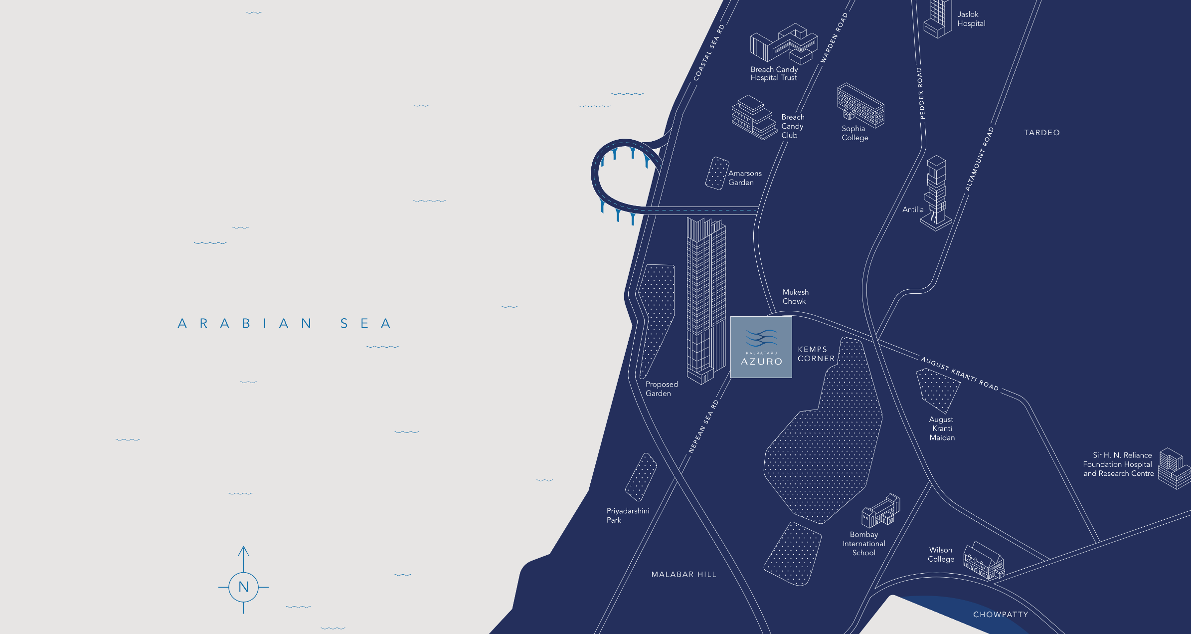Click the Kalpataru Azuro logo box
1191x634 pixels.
point(761,347)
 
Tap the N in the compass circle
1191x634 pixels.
point(243,587)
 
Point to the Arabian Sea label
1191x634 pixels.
point(284,324)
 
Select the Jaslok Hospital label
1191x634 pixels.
point(971,19)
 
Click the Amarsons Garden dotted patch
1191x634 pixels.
point(717,173)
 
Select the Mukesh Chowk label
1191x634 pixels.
point(795,297)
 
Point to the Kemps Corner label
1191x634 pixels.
point(816,354)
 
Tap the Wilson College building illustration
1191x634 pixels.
point(983,562)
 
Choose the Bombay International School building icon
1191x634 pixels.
point(881,511)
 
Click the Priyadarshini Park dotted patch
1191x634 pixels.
point(641,477)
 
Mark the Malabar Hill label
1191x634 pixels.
point(683,575)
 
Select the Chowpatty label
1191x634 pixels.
point(1001,615)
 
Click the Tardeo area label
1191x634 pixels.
point(1042,133)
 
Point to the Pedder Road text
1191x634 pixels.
point(920,93)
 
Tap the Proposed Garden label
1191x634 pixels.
point(661,389)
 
